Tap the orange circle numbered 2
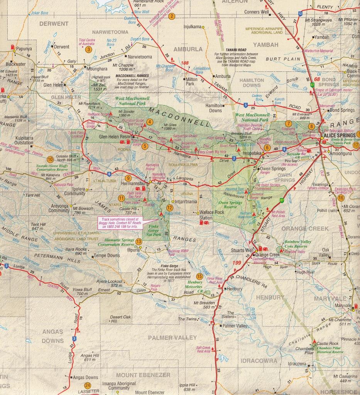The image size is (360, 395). (x=172, y=17)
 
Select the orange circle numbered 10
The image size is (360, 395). (x=50, y=159)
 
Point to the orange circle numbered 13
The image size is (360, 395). (x=139, y=241)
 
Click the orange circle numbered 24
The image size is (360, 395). (x=88, y=385)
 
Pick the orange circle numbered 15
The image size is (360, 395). (x=199, y=276)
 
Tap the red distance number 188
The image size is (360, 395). (x=186, y=63)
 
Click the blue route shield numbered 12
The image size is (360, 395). (x=300, y=14)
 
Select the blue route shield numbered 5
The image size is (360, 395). (x=245, y=105)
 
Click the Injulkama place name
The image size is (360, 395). (x=193, y=27)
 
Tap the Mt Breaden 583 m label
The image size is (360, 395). (x=203, y=305)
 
